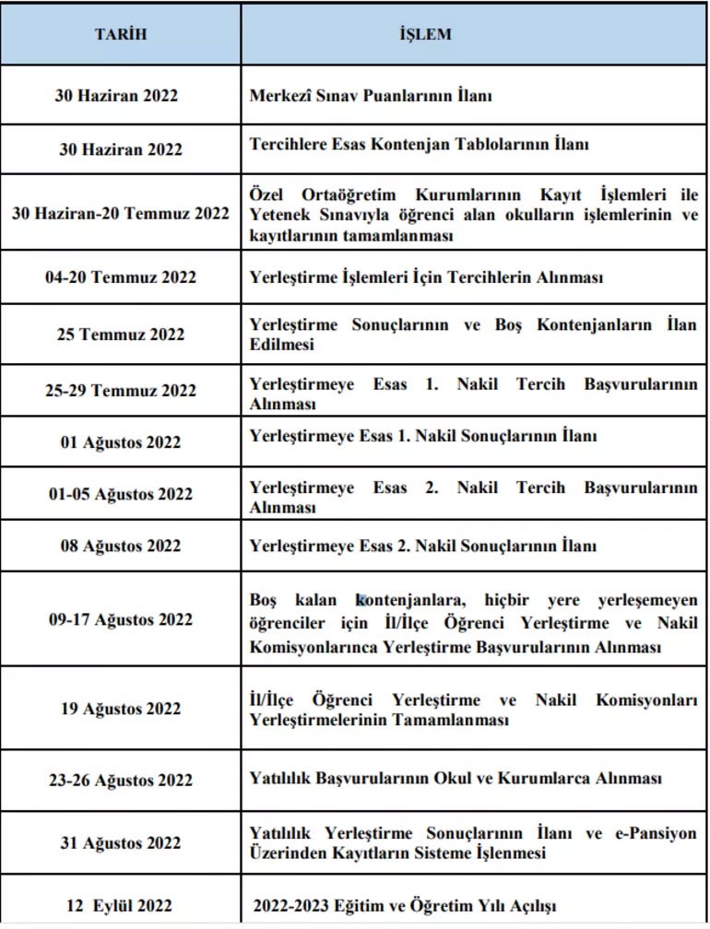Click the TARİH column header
tap(120, 35)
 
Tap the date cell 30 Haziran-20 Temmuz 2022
tap(120, 214)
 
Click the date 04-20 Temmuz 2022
tap(120, 277)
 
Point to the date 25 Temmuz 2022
tap(120, 335)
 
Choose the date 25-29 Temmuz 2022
tap(120, 391)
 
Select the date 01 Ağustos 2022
tap(120, 442)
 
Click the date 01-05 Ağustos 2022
tap(120, 494)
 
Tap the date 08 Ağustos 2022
tap(120, 547)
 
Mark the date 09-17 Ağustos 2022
tap(120, 619)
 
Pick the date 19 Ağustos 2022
tap(120, 709)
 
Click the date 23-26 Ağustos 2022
tap(120, 781)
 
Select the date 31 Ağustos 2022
tap(120, 843)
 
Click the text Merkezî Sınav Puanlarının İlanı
tap(372, 96)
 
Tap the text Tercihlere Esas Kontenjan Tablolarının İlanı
tap(420, 145)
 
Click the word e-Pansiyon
tap(655, 834)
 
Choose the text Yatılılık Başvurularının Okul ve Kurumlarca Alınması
tap(456, 779)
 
